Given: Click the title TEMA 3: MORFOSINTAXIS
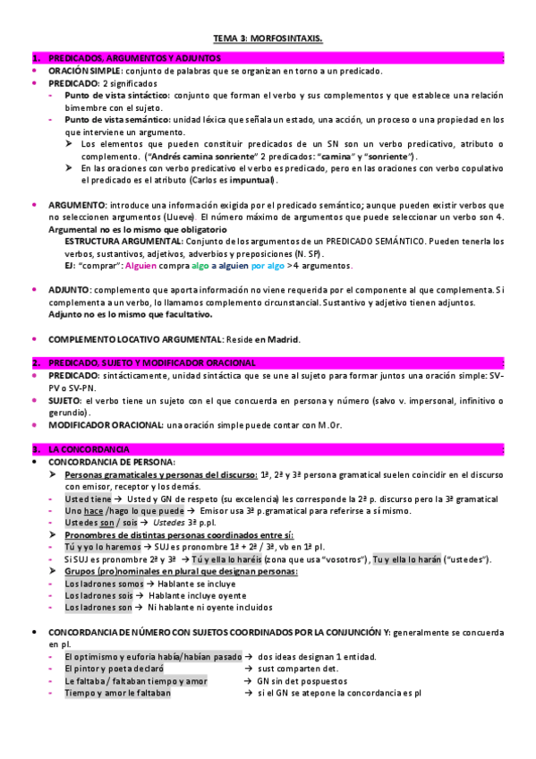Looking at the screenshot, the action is pyautogui.click(x=268, y=39).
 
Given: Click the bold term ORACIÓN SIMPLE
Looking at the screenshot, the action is pyautogui.click(x=85, y=71).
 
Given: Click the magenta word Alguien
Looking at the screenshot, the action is pyautogui.click(x=142, y=266).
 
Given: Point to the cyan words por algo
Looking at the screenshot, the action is pyautogui.click(x=268, y=266).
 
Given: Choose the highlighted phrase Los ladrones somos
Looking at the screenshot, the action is pyautogui.click(x=105, y=584).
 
